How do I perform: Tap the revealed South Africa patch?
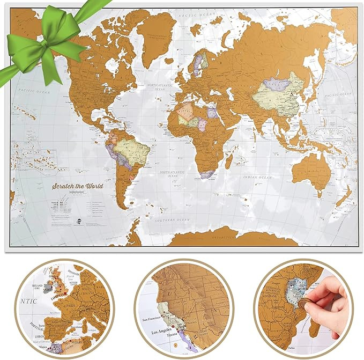(206, 174)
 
